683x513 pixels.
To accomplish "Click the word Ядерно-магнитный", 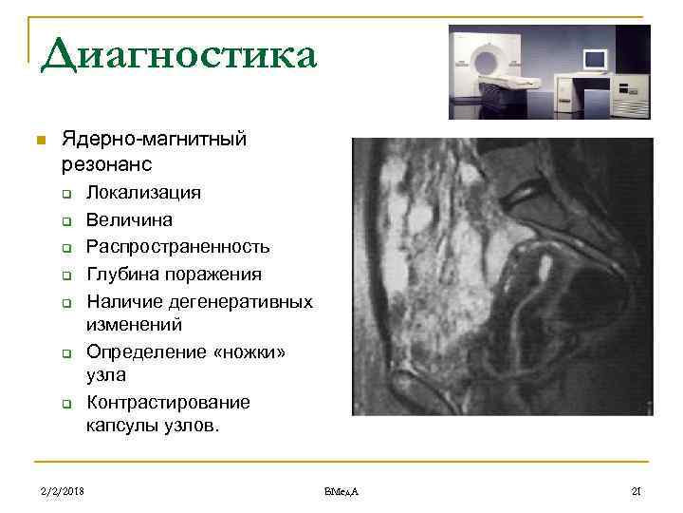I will pos(154,140).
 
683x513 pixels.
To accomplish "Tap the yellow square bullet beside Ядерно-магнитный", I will pos(39,142).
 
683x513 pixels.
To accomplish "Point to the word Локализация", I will pos(143,193).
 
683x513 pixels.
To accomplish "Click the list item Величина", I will pos(129,219).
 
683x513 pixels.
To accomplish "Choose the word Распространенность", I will pos(178,247).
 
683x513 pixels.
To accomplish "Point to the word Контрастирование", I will pos(168,402).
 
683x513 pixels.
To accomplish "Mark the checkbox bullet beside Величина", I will pos(68,221).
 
